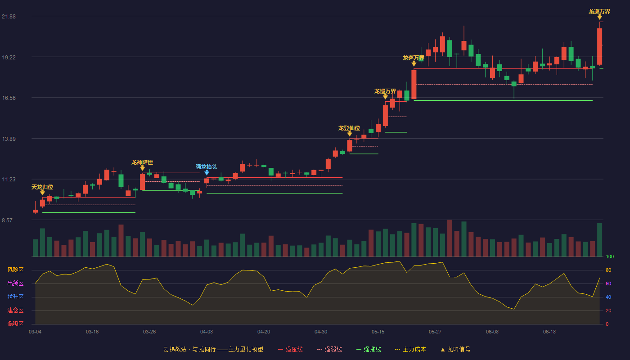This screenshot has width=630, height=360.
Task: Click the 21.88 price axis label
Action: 9,16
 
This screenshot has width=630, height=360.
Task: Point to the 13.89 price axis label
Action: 9,139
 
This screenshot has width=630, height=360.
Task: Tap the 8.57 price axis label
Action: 7,220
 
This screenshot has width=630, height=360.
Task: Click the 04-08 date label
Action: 207,332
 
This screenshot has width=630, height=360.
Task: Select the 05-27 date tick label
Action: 435,332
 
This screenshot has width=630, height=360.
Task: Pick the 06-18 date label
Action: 549,332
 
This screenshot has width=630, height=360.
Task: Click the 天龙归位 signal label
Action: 42,187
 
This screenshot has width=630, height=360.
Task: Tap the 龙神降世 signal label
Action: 142,162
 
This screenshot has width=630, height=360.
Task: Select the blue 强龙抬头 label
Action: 207,167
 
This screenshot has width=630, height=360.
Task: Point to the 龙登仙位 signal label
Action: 349,128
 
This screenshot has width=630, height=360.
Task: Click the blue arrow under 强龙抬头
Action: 207,172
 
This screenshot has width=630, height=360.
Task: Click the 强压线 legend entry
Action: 291,349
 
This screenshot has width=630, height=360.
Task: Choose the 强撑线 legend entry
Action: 369,349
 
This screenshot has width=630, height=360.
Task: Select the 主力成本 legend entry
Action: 410,349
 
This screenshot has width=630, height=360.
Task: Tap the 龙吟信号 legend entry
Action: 455,349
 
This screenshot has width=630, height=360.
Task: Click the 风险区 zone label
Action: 15,270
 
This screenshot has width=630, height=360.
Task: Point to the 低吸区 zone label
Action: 15,324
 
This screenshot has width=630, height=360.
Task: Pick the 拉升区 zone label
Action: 15,297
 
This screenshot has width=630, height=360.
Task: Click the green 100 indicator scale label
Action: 610,256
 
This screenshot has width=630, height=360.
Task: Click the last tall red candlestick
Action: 599,46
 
